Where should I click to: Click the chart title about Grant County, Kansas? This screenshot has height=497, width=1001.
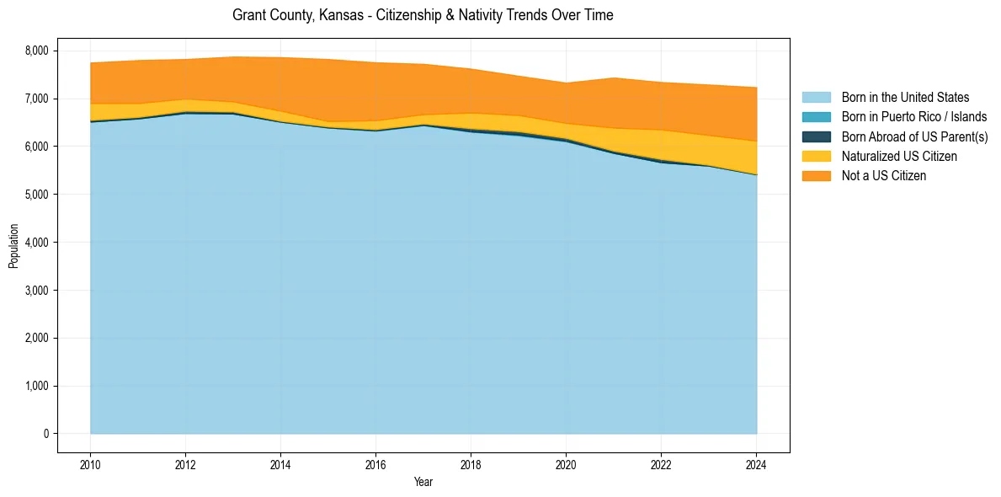pos(423,15)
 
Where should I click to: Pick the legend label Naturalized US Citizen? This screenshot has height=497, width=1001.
pos(899,156)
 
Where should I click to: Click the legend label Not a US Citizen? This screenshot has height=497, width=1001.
pos(883,175)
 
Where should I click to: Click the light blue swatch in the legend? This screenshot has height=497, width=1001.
pos(816,98)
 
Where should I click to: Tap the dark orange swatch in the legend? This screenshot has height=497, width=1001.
pos(816,175)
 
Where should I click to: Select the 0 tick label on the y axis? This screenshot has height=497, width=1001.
pos(47,434)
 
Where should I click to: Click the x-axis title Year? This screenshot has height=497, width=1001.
pos(423,482)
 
